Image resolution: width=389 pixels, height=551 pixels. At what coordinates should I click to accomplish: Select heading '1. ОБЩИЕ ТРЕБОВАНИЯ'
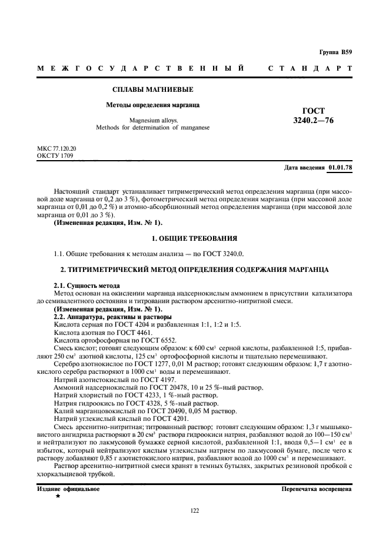pos(194,238)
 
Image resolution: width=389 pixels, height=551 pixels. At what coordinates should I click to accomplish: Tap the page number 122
pos(194,510)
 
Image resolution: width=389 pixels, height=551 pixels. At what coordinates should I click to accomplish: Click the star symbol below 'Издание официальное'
pos(58,496)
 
